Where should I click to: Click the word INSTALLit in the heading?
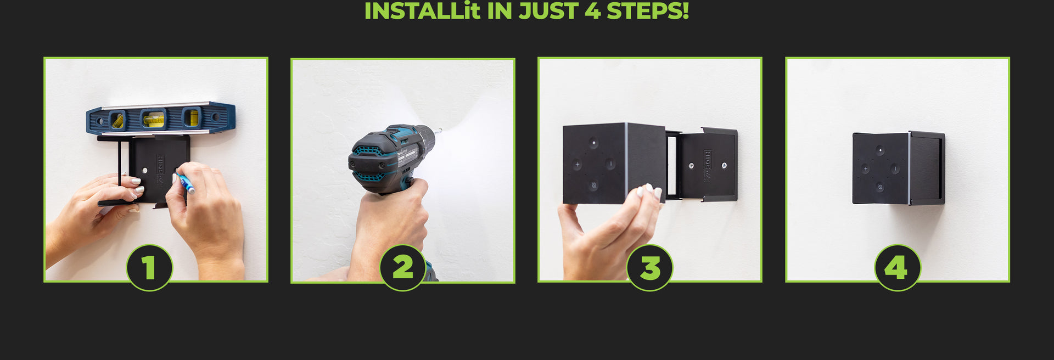click(422, 11)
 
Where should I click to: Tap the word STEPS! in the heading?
click(648, 11)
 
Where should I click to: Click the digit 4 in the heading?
click(593, 11)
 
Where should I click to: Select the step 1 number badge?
click(149, 268)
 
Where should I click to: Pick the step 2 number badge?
click(403, 268)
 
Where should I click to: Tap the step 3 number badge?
click(650, 268)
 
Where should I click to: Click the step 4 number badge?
click(897, 268)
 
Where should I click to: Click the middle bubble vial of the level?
click(154, 119)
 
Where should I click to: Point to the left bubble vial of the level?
click(117, 120)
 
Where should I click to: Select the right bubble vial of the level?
click(192, 117)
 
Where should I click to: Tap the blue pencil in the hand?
click(186, 183)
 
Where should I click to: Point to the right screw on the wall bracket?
click(724, 165)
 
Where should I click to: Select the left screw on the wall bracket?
click(691, 166)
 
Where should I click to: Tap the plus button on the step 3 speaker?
click(577, 164)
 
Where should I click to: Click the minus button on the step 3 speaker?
click(610, 164)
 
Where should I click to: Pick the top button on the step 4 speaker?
click(880, 150)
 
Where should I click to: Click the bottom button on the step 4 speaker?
click(879, 188)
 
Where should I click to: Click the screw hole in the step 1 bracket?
click(144, 171)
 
